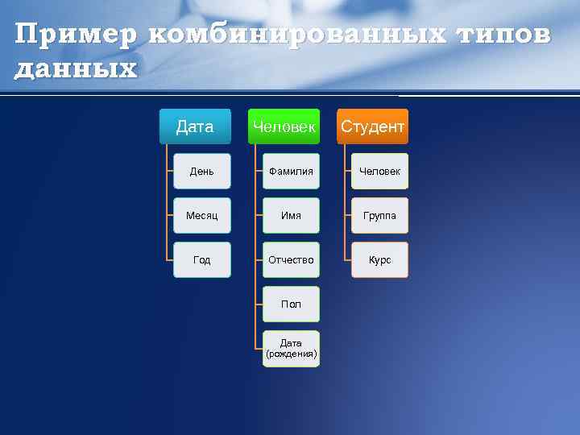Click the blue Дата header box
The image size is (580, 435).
(x=195, y=126)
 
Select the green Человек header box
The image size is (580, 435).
(x=284, y=126)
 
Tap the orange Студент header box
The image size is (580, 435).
(x=372, y=126)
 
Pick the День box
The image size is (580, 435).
(x=202, y=172)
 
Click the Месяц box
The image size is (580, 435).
(x=202, y=216)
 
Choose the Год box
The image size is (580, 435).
(x=202, y=260)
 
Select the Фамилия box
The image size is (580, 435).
(x=291, y=172)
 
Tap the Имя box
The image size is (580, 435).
(x=291, y=216)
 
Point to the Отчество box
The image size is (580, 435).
(x=291, y=260)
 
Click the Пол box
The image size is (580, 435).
(x=291, y=304)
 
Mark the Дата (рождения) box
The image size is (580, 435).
(x=291, y=349)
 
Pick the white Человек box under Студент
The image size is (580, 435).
(x=379, y=172)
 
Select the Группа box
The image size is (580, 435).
(x=379, y=216)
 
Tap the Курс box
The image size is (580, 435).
(x=379, y=260)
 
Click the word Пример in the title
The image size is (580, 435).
(x=74, y=35)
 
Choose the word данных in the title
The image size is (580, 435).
(x=77, y=68)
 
